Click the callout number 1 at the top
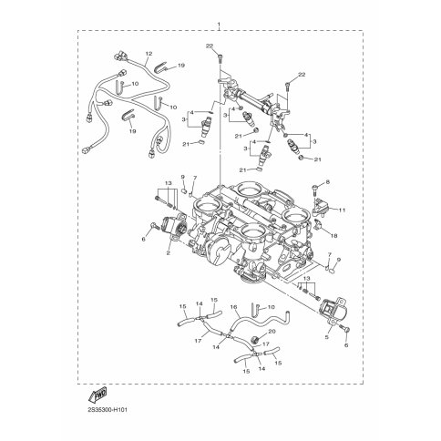pos(219,24)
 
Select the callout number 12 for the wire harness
pos(149,54)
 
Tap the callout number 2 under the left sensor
pos(168,252)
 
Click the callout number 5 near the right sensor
pos(327,337)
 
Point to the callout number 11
pos(343,210)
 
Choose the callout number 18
pos(333,236)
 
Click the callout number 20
pos(272,332)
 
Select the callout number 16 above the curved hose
pos(233,307)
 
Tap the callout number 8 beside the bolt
pos(327,182)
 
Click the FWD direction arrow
pos(97,395)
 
